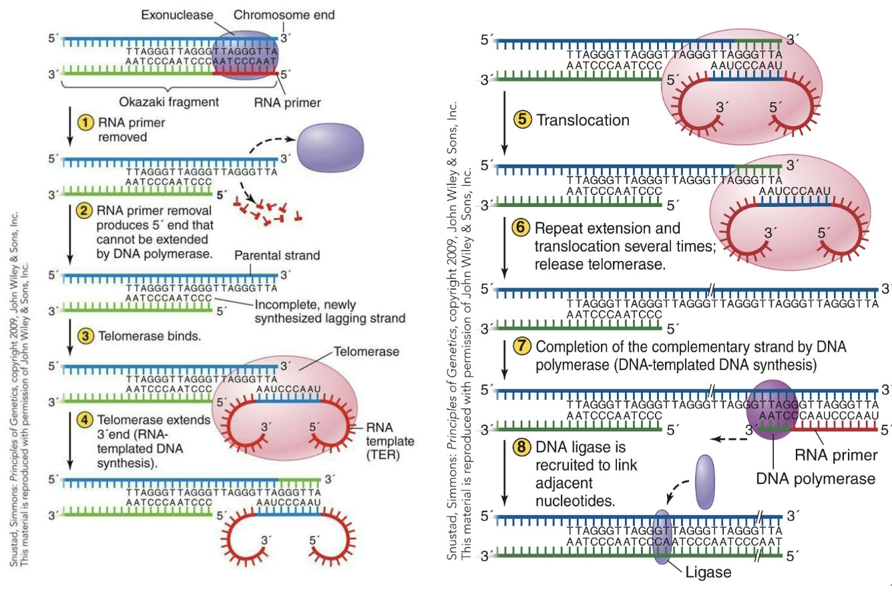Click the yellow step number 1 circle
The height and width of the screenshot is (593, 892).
click(x=85, y=123)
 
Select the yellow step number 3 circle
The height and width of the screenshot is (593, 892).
click(x=85, y=336)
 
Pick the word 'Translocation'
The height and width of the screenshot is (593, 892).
click(x=583, y=120)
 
